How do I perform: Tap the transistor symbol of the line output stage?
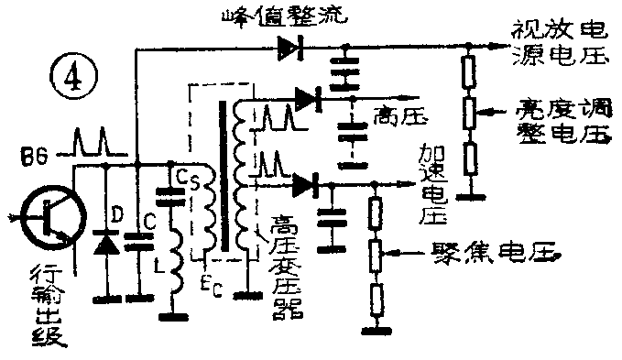pyautogui.click(x=47, y=219)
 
